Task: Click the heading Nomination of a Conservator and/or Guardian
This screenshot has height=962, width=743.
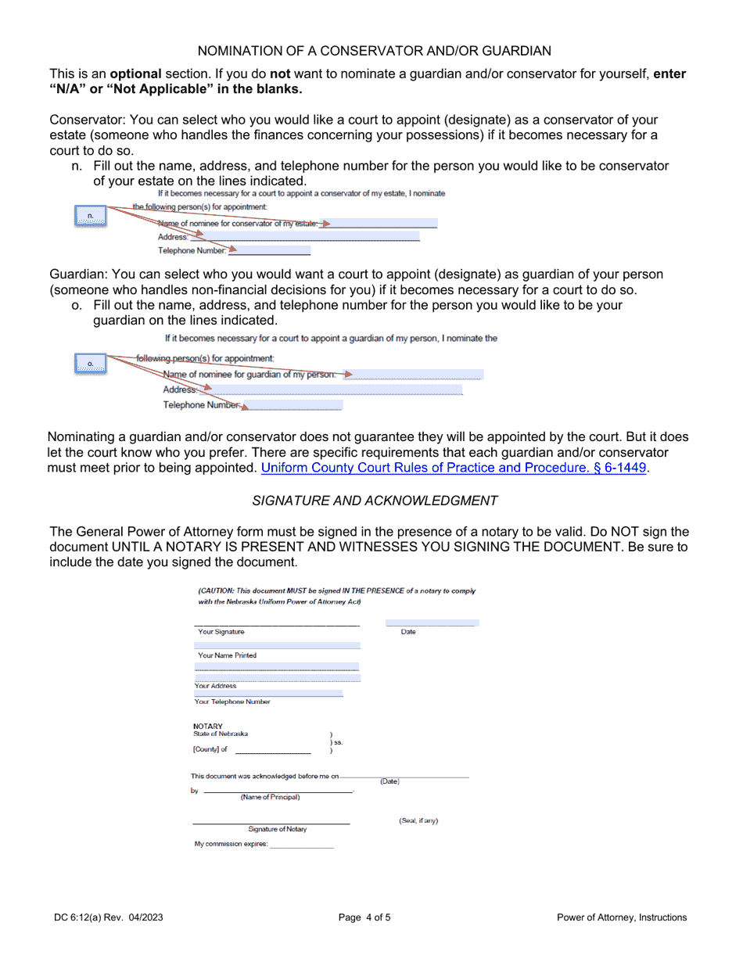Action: [374, 51]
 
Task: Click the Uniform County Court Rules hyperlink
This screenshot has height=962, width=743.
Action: [454, 468]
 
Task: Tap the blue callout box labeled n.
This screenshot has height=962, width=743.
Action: [91, 216]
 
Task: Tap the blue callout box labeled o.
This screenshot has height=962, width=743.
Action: [91, 364]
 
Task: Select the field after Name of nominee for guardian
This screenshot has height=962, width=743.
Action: [418, 375]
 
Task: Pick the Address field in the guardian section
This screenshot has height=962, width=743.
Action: [336, 389]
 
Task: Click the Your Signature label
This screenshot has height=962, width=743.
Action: [221, 632]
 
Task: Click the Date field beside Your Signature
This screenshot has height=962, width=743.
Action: [432, 623]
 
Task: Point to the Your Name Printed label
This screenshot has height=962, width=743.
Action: [227, 655]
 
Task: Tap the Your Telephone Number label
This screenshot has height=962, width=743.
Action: [232, 702]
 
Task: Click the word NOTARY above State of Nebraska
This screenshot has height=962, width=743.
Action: [208, 726]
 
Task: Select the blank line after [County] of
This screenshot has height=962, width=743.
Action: [273, 751]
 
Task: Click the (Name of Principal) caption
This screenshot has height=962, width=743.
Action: [270, 798]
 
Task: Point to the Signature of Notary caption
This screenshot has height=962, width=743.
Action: [278, 829]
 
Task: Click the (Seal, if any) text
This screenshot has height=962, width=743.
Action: [418, 820]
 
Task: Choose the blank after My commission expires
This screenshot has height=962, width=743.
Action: [302, 845]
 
